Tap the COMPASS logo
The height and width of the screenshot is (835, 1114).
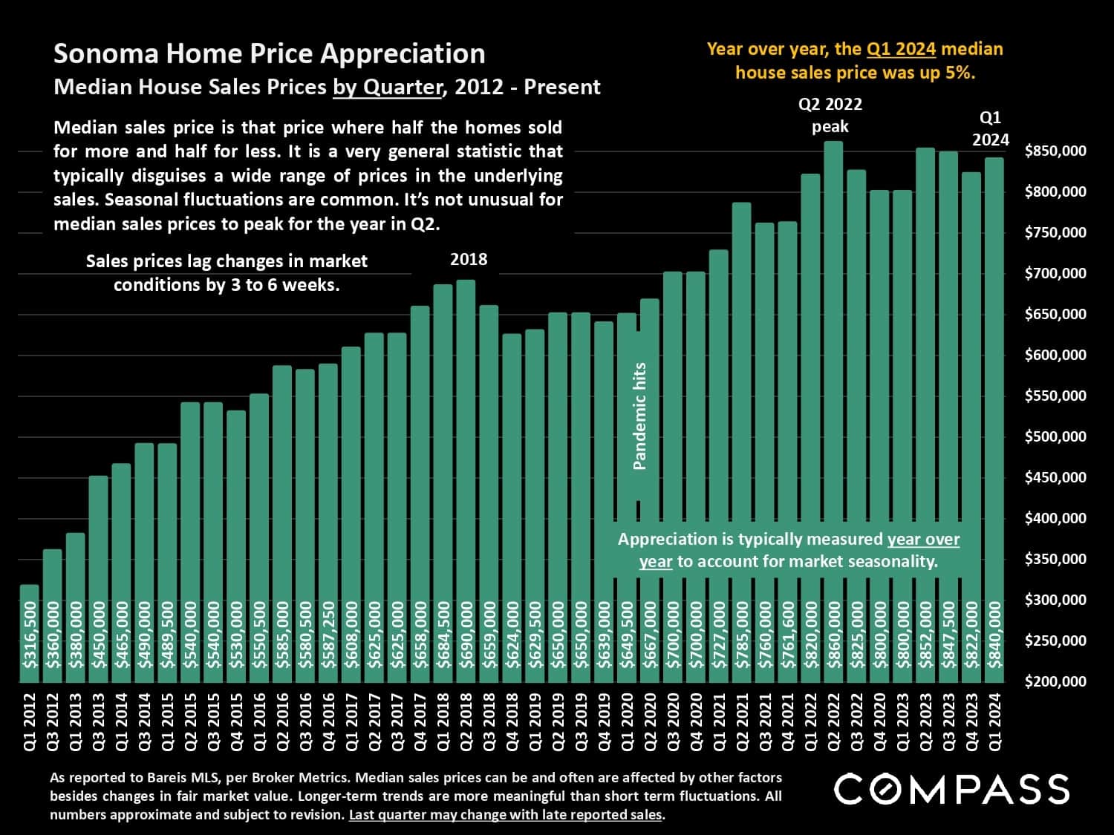(951, 789)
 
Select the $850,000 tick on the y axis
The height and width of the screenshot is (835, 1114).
(1055, 151)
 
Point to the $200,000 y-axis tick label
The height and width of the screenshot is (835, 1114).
(1055, 681)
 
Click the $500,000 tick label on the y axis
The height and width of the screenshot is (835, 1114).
(1055, 436)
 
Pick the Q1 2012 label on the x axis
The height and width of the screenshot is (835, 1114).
(30, 722)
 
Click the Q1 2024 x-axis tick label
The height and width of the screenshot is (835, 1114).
(994, 722)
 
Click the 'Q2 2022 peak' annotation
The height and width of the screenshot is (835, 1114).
(830, 116)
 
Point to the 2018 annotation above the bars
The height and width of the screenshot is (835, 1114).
(469, 260)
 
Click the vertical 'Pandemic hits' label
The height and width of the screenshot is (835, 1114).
(639, 416)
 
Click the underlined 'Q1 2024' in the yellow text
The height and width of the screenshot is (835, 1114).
(900, 50)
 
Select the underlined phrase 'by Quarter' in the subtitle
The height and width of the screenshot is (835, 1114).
(387, 88)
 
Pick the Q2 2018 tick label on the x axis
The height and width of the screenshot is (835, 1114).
(466, 722)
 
